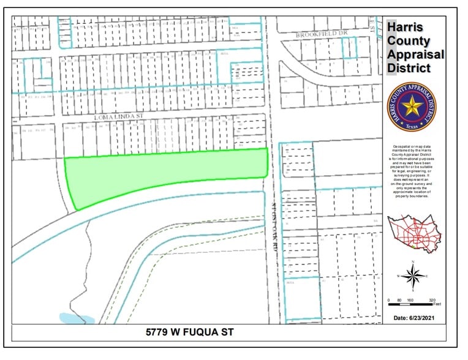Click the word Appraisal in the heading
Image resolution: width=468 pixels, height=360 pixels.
tap(416, 54)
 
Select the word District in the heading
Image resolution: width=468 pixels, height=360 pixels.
tap(411, 67)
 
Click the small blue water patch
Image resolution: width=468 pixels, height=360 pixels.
tap(77, 318)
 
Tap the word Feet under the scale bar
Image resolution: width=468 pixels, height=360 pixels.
tap(432, 305)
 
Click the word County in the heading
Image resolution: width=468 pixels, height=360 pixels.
tap(409, 42)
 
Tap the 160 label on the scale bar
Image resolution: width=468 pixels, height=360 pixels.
tap(411, 301)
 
